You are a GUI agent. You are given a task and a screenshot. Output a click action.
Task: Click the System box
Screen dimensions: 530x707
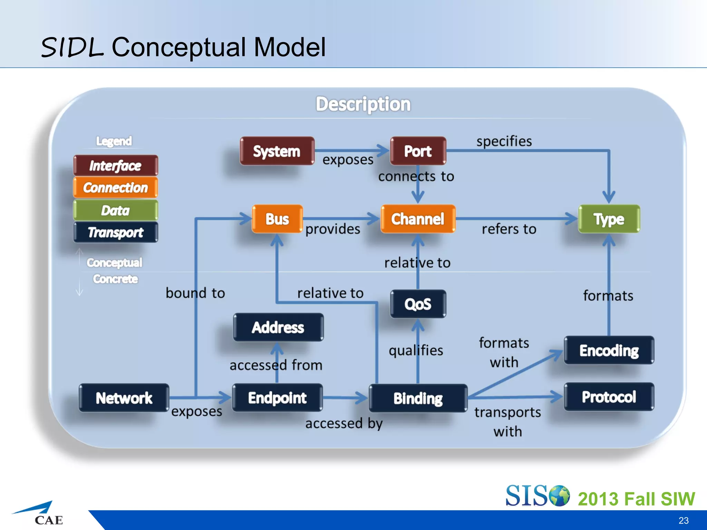point(277,151)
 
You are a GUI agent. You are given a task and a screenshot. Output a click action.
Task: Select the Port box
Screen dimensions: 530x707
point(418,151)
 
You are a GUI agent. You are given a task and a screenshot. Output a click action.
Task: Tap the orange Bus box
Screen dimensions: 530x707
point(277,219)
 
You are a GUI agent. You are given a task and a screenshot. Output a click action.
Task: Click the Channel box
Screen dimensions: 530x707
point(418,219)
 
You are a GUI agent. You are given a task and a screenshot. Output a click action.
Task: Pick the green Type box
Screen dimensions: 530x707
point(609,219)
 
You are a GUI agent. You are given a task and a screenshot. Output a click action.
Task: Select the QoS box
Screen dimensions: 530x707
point(418,304)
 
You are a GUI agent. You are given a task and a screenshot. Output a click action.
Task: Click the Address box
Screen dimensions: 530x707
point(278,327)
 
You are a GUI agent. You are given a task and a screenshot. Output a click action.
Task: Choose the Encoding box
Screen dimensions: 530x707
point(609,350)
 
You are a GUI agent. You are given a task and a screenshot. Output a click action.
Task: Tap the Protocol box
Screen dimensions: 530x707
point(609,397)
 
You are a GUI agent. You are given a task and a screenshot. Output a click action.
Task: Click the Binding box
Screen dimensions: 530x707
point(418,398)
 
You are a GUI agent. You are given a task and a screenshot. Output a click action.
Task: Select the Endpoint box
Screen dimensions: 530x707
point(278,398)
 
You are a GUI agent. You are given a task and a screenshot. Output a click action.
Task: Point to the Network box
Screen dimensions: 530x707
point(124,398)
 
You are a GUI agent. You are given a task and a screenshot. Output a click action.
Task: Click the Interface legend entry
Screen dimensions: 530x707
point(116,166)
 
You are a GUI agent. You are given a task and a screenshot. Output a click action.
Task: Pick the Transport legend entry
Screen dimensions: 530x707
point(116,232)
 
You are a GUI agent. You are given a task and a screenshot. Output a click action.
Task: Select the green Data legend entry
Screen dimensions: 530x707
point(116,210)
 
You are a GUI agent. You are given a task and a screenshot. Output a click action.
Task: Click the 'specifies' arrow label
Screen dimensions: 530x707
point(504,141)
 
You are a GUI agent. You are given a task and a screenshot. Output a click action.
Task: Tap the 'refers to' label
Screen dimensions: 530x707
point(509,229)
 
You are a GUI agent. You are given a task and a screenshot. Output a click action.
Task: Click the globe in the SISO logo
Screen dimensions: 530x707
point(559,496)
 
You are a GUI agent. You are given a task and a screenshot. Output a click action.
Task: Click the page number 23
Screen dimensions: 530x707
point(683,520)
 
